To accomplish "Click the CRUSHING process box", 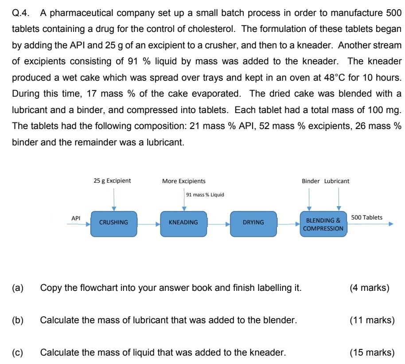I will click(x=114, y=223).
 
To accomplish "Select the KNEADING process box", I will click(x=183, y=223).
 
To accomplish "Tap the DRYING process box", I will click(x=253, y=223).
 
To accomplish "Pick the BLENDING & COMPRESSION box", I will click(x=323, y=224).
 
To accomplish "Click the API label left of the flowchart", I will click(x=76, y=218).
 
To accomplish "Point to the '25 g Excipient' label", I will click(x=112, y=181).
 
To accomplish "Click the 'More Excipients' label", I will click(x=184, y=181).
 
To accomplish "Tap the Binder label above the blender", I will click(x=311, y=181).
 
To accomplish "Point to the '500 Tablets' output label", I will click(x=366, y=217).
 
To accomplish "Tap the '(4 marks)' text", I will click(x=370, y=288).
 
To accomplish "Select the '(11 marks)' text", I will click(x=372, y=320).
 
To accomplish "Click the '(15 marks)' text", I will click(x=372, y=352).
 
